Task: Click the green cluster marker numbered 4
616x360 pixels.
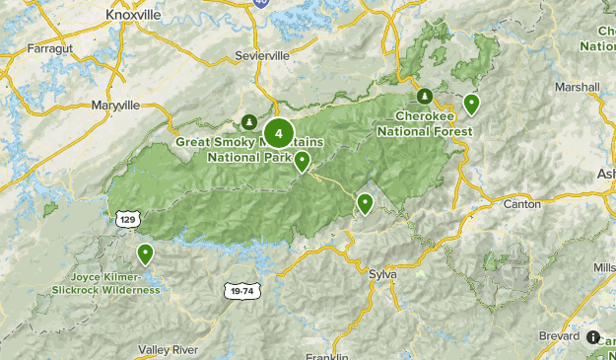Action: click(279, 132)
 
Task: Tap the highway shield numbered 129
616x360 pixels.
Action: click(126, 217)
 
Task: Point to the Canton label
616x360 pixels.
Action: click(521, 204)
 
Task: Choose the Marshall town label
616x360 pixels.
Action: click(577, 87)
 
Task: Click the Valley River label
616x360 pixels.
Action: click(169, 350)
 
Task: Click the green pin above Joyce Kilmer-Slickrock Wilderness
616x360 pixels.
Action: click(146, 253)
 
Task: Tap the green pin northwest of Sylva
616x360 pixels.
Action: click(365, 203)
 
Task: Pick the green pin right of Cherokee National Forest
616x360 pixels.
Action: click(472, 103)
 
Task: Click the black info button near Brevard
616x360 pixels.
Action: click(593, 336)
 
